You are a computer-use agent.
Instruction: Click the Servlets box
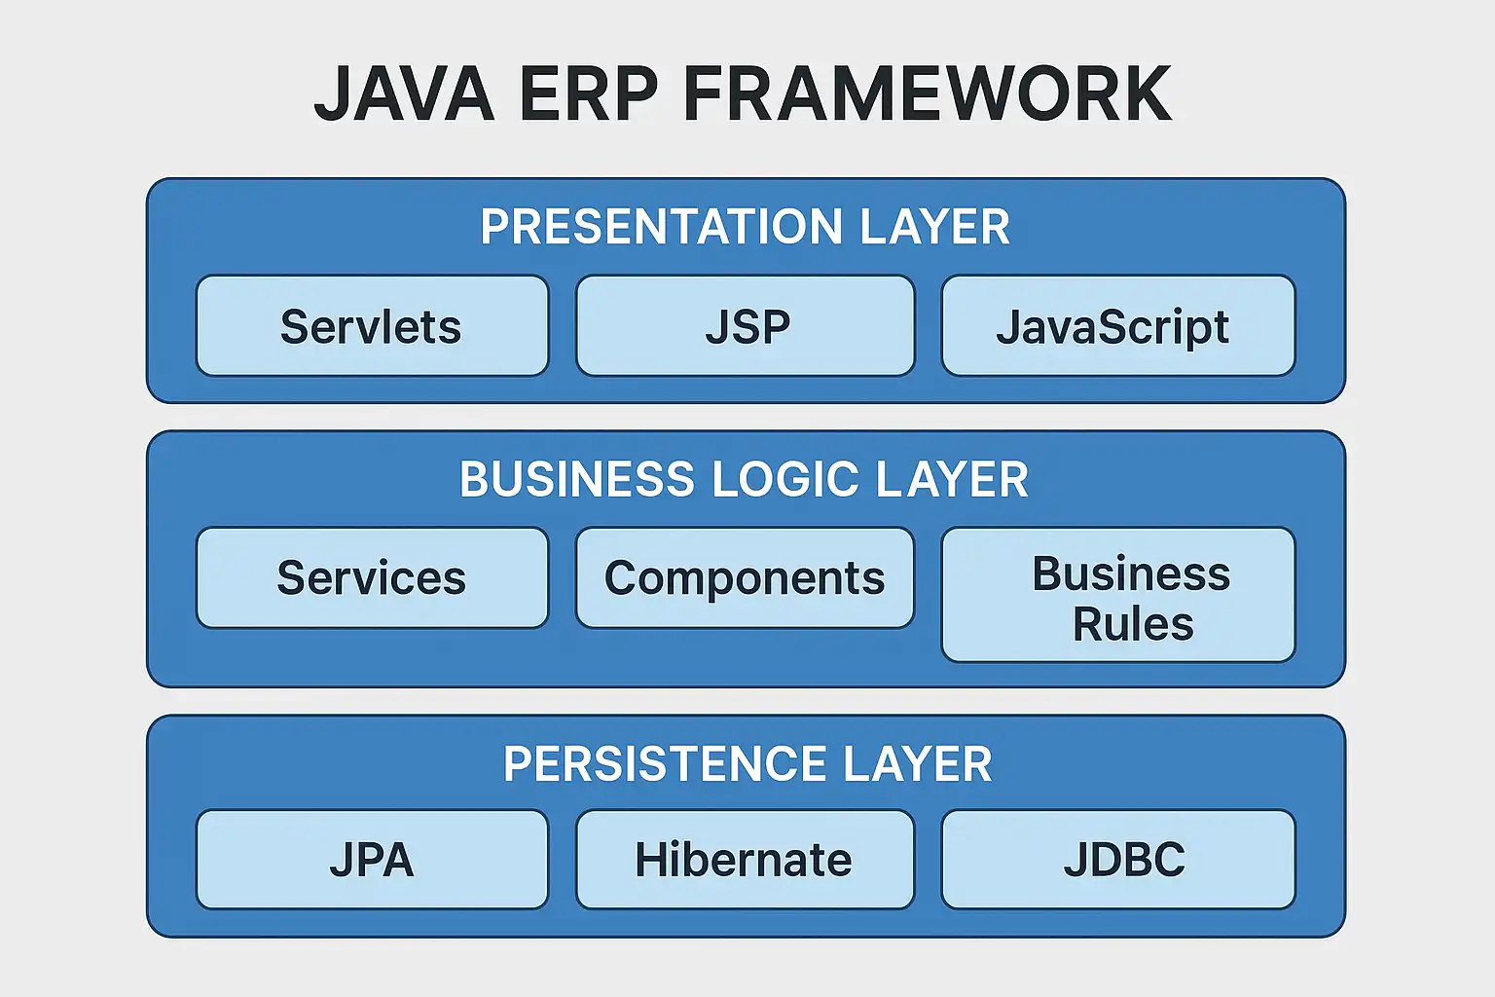(372, 326)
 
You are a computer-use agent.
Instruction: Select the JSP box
(746, 326)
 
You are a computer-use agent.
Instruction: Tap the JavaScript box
(1117, 326)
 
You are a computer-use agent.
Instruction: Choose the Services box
(372, 578)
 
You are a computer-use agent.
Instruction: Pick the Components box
(746, 578)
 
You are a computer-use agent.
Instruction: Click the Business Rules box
(1117, 595)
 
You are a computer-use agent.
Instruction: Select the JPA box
(372, 860)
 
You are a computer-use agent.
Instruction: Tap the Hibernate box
(746, 860)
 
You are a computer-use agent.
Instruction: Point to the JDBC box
(1117, 860)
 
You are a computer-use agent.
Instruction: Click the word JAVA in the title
(404, 94)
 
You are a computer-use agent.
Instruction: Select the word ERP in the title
(589, 94)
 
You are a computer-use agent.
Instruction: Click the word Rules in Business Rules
(1133, 624)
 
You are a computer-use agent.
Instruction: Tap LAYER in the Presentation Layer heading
(935, 227)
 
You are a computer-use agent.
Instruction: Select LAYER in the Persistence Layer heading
(918, 764)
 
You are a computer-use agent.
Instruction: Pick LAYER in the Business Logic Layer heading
(952, 480)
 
